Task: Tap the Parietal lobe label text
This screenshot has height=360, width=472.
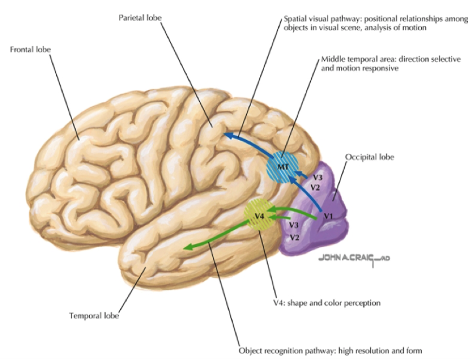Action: click(140, 18)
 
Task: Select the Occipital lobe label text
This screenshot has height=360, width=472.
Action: click(369, 158)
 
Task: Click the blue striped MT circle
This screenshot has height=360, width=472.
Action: click(283, 165)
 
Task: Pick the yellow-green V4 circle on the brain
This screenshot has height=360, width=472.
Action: click(260, 215)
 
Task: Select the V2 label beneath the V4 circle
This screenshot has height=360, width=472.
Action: click(294, 237)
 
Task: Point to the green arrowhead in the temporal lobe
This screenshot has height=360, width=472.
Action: click(187, 247)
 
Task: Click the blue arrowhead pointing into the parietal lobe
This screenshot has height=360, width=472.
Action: click(228, 135)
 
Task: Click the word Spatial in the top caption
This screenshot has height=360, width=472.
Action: click(296, 18)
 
